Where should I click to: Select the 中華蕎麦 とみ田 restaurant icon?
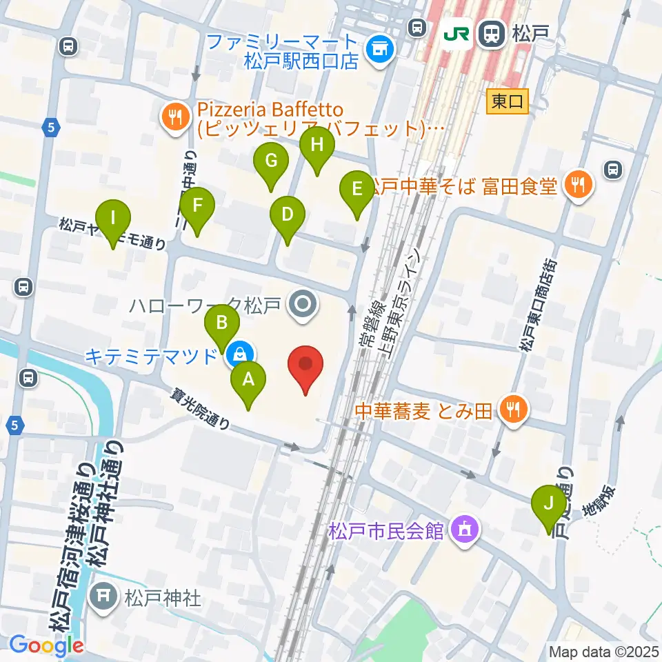[513, 411]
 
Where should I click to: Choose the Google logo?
[46, 646]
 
